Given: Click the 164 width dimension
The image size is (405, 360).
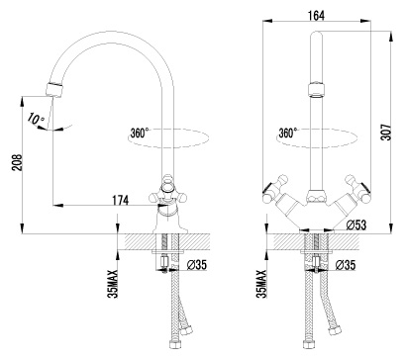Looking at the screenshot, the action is [316, 15].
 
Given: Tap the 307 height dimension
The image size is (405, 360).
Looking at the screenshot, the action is [386, 133].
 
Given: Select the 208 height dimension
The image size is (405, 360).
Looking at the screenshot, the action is [17, 162].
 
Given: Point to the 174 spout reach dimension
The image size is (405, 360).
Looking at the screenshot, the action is [120, 200].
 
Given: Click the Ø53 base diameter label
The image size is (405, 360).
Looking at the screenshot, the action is [356, 225].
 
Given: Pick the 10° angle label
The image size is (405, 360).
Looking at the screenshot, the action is [36, 119].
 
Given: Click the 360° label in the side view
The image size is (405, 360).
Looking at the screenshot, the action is [140, 133].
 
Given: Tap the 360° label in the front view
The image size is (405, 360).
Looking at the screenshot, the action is [288, 133].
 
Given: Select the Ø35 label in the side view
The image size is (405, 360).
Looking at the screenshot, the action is [196, 265].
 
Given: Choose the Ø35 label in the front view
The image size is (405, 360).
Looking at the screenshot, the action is [346, 265].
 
